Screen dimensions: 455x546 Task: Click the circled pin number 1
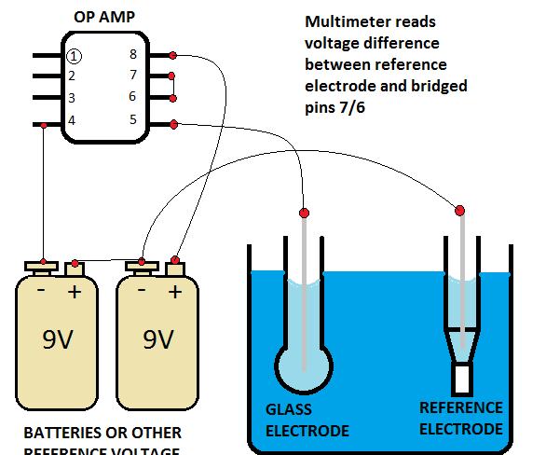(x=73, y=56)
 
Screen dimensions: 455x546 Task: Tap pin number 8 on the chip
(x=133, y=54)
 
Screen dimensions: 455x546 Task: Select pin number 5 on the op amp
(x=133, y=119)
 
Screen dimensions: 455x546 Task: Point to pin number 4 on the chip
(x=72, y=120)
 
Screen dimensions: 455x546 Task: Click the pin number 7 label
(x=133, y=75)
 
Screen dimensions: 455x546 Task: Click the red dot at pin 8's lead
(x=173, y=53)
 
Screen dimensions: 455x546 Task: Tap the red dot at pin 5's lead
(x=173, y=123)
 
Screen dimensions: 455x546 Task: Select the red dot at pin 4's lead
(x=44, y=124)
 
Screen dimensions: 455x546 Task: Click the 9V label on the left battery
(x=59, y=339)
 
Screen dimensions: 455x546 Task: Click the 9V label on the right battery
(x=157, y=339)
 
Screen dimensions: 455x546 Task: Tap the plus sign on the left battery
(x=75, y=291)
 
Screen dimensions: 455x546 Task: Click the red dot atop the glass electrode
(x=305, y=209)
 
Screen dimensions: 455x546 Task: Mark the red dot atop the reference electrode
(x=461, y=208)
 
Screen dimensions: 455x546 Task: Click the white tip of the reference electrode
(x=462, y=379)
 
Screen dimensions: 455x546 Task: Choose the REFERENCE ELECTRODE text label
(x=461, y=419)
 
